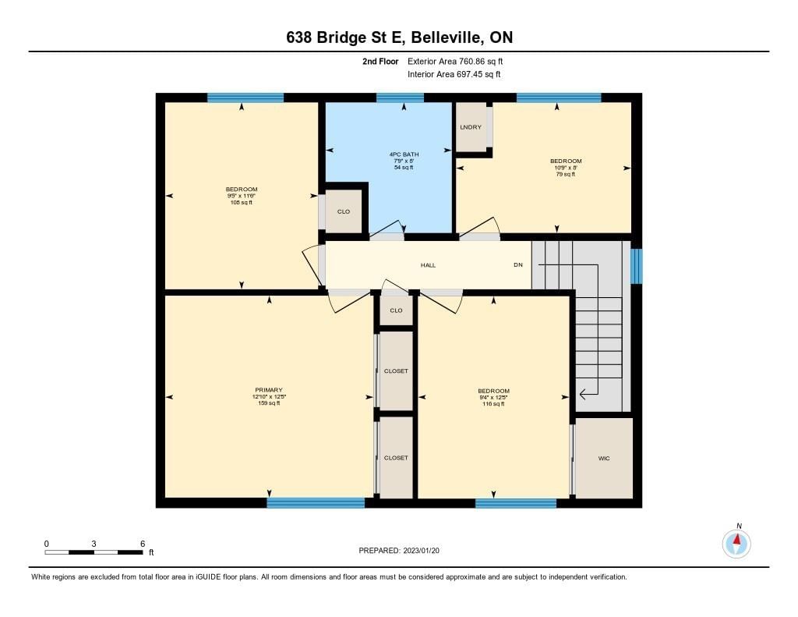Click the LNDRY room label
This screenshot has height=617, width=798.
470,127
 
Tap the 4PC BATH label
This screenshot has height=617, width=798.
404,154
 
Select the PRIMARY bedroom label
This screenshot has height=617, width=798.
269,390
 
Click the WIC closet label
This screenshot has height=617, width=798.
604,459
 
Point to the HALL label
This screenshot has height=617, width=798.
428,265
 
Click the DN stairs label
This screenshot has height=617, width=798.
518,265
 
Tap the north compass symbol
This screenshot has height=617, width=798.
736,543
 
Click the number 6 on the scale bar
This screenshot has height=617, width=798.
143,544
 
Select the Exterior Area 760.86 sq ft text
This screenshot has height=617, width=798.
455,61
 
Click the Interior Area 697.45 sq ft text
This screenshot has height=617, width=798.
454,74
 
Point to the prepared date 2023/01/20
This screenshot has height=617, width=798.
422,550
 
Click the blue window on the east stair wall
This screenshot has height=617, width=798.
636,266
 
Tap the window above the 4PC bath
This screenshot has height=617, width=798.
400,98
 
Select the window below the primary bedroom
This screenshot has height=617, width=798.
316,503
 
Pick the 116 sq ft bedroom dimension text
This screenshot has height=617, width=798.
493,397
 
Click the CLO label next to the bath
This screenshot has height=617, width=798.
344,211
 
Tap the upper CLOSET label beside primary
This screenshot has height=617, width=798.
396,371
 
